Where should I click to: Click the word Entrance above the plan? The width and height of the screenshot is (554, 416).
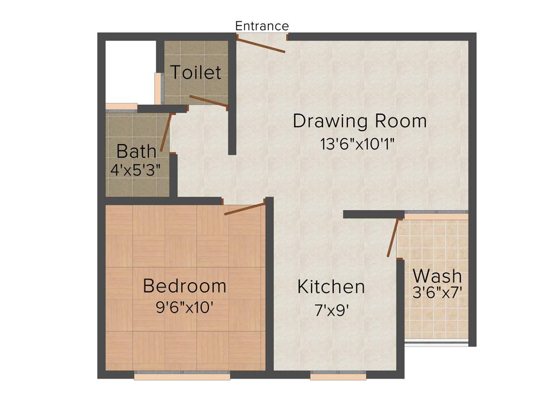coord(262,26)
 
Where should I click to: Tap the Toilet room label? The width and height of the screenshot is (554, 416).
coord(196,72)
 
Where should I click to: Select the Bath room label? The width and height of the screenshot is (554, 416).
coord(136,151)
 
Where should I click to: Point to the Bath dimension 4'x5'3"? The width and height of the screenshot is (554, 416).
coord(136,170)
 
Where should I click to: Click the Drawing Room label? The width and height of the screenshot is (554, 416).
coord(360,121)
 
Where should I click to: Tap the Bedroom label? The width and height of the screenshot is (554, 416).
coord(184,285)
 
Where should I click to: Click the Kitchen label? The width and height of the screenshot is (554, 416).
coord(331,287)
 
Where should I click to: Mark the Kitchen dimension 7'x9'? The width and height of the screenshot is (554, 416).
coord(331,310)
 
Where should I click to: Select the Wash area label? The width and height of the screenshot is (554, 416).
coord(437,275)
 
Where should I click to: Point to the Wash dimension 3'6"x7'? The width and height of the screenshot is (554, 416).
coord(437,293)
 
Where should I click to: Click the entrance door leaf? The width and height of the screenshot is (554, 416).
coord(261,45)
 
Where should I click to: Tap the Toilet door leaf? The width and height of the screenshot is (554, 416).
coord(208,101)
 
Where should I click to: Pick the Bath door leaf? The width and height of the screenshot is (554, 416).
coord(166,132)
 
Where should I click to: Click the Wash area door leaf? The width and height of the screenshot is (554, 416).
coord(393,237)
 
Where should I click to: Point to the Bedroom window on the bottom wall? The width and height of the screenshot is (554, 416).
coord(182,375)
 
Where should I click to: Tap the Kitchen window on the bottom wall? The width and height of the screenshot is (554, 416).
coord(338,375)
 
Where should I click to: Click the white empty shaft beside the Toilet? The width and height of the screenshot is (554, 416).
coord(130,70)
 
